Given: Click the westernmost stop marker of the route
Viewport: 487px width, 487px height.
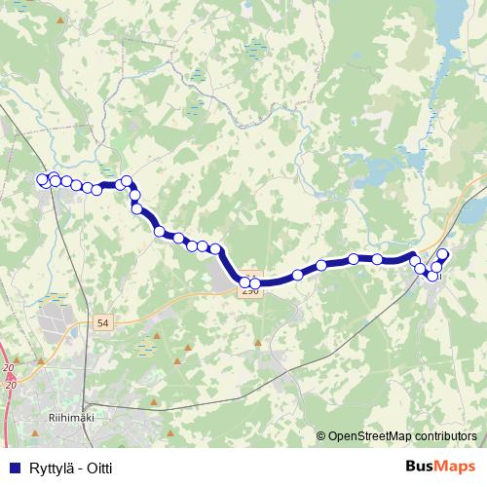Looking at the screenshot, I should click(x=42, y=179).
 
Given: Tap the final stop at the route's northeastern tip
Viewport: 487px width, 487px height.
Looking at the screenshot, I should click(x=443, y=255).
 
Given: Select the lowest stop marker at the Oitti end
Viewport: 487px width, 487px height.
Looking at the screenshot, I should click(x=432, y=276).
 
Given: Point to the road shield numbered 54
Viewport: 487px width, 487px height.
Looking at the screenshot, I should click(x=103, y=320).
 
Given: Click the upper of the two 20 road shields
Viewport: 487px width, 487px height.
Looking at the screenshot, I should click(x=9, y=366).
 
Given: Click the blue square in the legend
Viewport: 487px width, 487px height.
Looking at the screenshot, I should click(x=11, y=468).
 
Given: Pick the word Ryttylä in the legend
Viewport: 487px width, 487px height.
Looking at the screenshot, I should click(x=45, y=468).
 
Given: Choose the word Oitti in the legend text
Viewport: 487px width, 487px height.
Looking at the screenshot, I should click(x=97, y=468).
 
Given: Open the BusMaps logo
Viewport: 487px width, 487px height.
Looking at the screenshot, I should click(x=438, y=468).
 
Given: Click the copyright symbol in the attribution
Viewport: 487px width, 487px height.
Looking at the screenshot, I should click(x=321, y=437).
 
